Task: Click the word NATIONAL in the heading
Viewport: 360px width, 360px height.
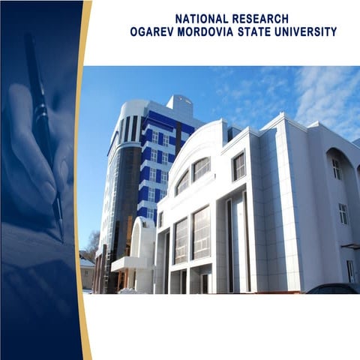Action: (x=201, y=18)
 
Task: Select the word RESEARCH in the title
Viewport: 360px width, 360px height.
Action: (x=260, y=18)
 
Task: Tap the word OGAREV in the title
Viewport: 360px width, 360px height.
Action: (x=155, y=32)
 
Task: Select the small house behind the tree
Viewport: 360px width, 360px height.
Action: (x=87, y=271)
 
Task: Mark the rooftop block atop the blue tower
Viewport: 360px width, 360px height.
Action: (x=179, y=105)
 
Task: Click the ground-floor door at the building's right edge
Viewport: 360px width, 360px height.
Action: (x=350, y=271)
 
